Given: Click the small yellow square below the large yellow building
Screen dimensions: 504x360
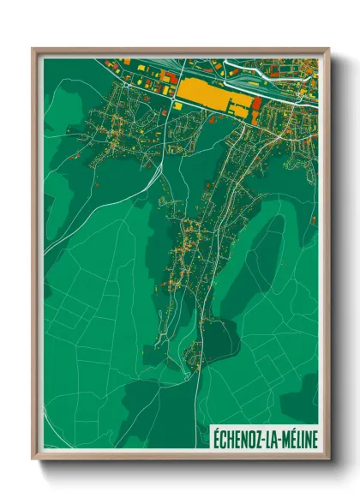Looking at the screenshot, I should [x=178, y=106].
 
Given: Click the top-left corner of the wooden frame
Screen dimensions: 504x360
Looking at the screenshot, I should [x=34, y=50].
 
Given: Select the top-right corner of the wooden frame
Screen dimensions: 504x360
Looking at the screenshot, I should [x=327, y=50].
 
